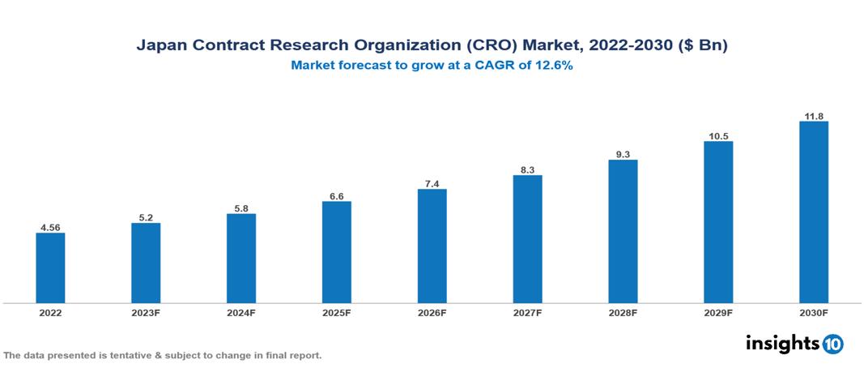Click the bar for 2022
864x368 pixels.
[50, 268]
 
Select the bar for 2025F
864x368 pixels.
[337, 252]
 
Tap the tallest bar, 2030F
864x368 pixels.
[813, 212]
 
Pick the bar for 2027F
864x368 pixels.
[527, 239]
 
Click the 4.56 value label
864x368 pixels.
[50, 226]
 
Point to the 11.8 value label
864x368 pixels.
[813, 115]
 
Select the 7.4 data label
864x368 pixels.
[432, 183]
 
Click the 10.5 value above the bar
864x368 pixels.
[718, 135]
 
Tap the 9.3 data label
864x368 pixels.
[623, 153]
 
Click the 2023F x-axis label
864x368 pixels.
[146, 312]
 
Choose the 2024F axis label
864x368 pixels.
[241, 312]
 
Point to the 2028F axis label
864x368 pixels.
[623, 312]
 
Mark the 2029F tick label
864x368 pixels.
[718, 312]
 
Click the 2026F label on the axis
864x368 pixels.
[432, 312]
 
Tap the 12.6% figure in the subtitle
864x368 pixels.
[553, 66]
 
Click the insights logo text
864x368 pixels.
[781, 343]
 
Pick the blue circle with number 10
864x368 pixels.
[832, 344]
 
